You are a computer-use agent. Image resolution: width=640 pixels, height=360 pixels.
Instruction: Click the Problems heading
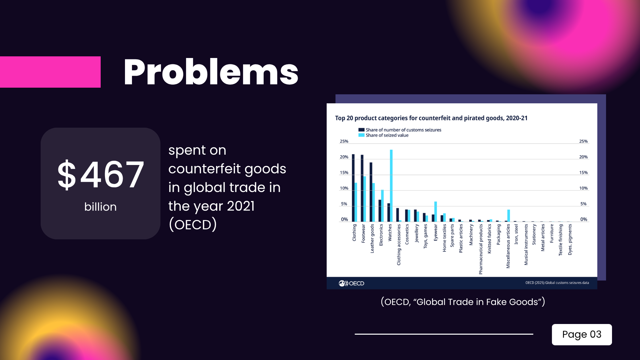click(x=211, y=72)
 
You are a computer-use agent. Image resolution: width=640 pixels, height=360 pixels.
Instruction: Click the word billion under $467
click(x=100, y=207)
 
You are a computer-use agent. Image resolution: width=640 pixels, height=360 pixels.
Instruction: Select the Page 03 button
click(x=582, y=334)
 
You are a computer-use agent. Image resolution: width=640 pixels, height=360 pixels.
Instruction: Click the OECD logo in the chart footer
click(x=351, y=283)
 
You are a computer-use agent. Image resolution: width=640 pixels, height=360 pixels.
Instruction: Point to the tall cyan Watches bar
click(x=391, y=185)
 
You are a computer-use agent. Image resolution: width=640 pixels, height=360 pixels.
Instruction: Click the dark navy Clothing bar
click(x=353, y=188)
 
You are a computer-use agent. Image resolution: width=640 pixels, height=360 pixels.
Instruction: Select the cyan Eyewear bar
click(x=436, y=211)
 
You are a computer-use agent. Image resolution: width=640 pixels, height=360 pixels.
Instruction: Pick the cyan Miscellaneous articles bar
click(x=509, y=215)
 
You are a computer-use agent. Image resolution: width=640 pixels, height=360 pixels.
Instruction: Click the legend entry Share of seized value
click(x=387, y=135)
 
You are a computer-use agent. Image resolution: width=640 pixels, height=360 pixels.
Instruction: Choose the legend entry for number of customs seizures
click(x=403, y=130)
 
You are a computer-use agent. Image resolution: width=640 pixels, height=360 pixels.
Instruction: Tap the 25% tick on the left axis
click(x=344, y=141)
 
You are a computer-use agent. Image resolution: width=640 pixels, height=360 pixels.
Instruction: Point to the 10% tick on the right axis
click(x=583, y=188)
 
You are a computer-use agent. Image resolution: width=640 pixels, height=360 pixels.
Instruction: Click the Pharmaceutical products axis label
click(x=481, y=249)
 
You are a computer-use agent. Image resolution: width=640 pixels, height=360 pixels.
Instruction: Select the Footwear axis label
click(x=363, y=233)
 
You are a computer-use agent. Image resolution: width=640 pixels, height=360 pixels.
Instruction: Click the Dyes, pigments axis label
click(x=570, y=239)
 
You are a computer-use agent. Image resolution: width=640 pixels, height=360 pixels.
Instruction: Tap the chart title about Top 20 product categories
click(x=431, y=118)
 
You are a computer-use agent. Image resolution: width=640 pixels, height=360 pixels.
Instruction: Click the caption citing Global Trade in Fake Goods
click(x=463, y=302)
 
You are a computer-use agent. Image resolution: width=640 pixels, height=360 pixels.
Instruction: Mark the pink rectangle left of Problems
click(x=50, y=72)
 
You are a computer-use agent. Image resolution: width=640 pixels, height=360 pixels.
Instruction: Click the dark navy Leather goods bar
click(x=371, y=192)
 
